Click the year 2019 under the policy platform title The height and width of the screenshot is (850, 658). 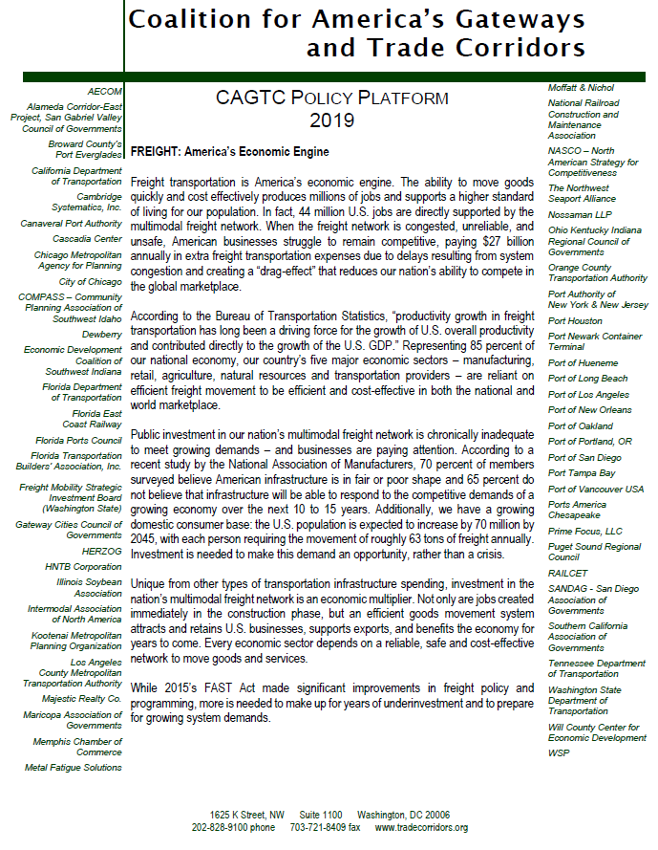click(331, 120)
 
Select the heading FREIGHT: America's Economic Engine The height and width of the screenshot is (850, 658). click(229, 152)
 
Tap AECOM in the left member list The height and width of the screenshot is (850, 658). click(104, 91)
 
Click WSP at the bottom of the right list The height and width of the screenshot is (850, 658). click(559, 752)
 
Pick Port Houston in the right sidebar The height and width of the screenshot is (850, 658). click(575, 321)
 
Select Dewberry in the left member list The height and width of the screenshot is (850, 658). click(102, 335)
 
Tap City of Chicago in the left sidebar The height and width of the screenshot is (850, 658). click(90, 282)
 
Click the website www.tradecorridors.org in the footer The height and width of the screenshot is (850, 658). click(421, 827)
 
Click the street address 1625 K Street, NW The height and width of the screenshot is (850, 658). click(234, 814)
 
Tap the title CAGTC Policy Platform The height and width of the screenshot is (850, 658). click(331, 98)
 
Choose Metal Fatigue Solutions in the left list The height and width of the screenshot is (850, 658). click(74, 767)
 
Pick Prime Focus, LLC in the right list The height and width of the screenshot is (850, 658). click(584, 531)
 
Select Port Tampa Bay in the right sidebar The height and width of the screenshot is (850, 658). click(581, 472)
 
